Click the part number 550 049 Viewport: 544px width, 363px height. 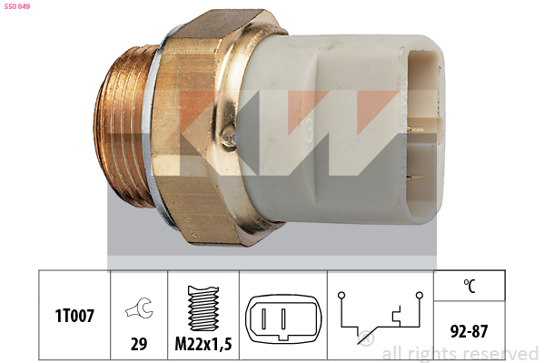tap(17, 6)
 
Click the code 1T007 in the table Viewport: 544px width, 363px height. tap(74, 316)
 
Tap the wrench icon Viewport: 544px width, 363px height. tap(139, 308)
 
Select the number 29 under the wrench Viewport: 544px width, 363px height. tap(139, 344)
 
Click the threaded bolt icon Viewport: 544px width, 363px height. tap(203, 308)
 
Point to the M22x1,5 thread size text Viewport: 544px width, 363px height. tap(203, 344)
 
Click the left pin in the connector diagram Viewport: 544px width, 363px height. tap(264, 318)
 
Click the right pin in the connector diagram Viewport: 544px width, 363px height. tap(283, 318)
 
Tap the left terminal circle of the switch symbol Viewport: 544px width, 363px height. tap(341, 295)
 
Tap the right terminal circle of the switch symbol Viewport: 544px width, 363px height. tap(420, 295)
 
